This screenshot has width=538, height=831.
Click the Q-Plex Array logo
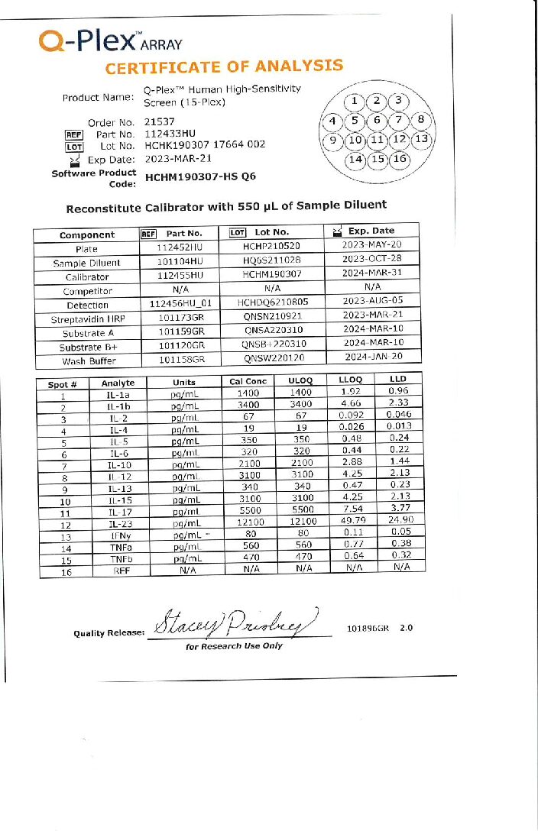[110, 42]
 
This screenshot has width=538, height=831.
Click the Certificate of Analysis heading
[224, 67]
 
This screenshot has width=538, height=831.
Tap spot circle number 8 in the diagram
[420, 121]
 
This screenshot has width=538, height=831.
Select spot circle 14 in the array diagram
[355, 160]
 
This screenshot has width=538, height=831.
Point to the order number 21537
[160, 121]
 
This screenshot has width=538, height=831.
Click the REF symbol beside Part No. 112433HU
[73, 134]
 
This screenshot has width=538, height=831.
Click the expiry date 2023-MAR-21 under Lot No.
[177, 160]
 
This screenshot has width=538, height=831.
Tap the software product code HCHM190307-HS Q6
[200, 176]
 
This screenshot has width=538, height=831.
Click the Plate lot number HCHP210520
[272, 247]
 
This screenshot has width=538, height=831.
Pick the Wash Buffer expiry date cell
[372, 357]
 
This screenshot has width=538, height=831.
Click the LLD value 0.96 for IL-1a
[398, 390]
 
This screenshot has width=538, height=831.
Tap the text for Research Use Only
[233, 646]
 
